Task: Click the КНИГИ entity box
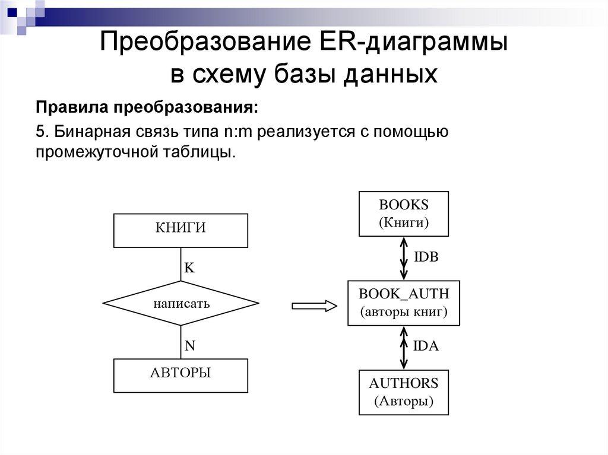(x=180, y=230)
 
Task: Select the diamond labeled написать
(x=180, y=304)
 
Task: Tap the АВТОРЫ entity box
(x=180, y=376)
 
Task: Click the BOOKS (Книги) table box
(x=404, y=214)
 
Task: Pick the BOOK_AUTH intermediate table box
(x=404, y=303)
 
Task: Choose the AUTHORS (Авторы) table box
(x=404, y=392)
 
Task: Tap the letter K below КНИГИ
(x=189, y=268)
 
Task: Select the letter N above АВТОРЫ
(x=190, y=346)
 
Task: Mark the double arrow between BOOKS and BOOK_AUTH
(x=404, y=258)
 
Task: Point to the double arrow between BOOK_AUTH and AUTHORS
(x=404, y=348)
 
